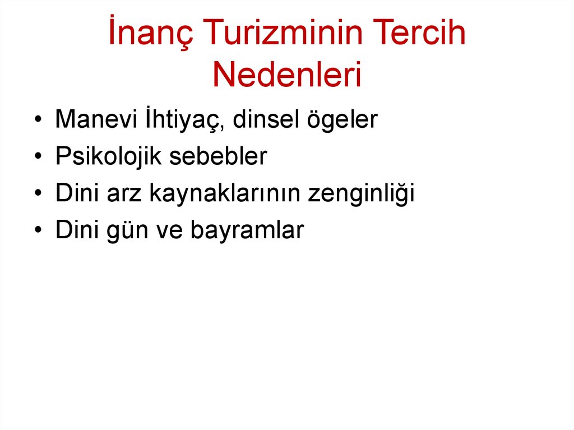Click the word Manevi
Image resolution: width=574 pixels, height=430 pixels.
point(95,120)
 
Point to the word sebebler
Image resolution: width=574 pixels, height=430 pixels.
point(219,157)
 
